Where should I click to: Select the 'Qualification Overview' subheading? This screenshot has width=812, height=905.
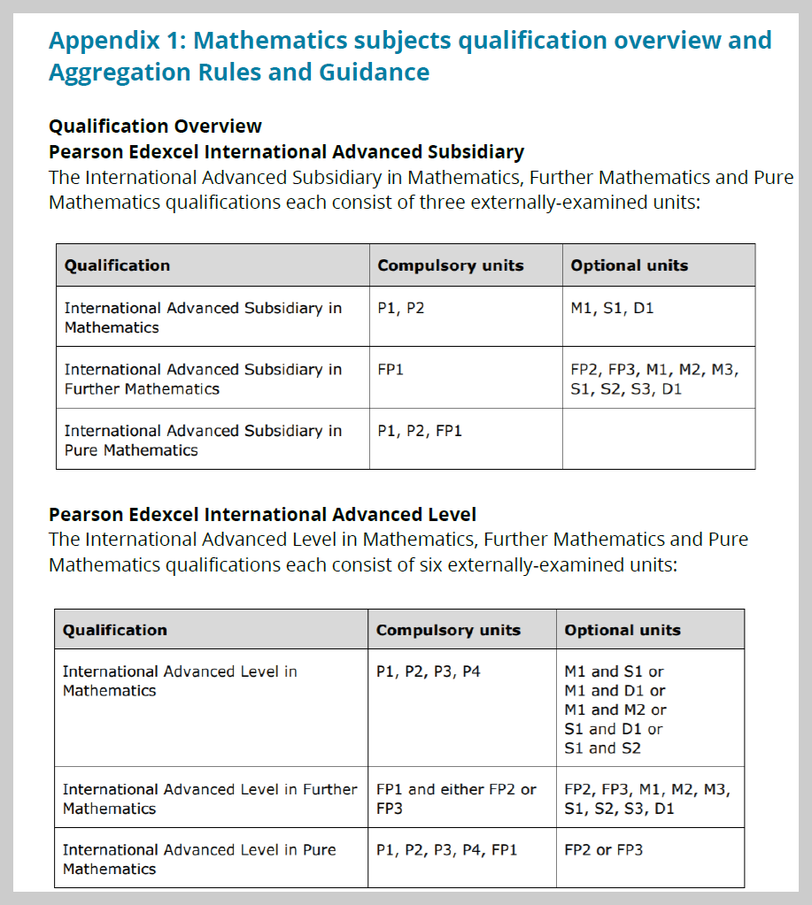[x=155, y=126]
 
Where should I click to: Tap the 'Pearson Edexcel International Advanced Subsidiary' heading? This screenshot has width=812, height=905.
[x=286, y=151]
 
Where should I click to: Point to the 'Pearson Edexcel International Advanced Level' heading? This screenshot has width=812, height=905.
[x=262, y=514]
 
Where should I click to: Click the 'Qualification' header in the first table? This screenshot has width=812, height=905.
[x=117, y=265]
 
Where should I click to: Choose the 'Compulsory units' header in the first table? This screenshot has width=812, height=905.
[x=450, y=265]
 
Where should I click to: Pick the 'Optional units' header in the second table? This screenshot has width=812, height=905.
[x=623, y=630]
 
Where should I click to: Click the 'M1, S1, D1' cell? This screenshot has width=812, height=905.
[x=612, y=309]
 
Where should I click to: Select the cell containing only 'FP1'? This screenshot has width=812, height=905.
[x=390, y=370]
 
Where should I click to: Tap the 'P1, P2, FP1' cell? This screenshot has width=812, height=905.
[x=420, y=431]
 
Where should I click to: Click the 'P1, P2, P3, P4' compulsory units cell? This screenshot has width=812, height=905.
[x=428, y=671]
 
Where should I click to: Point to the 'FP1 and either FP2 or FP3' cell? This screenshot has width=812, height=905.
[x=456, y=798]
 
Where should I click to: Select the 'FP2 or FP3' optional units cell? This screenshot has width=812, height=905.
[x=603, y=850]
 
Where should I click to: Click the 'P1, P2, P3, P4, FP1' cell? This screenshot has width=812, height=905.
[x=446, y=850]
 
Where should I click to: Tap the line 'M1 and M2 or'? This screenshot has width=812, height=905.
[x=615, y=709]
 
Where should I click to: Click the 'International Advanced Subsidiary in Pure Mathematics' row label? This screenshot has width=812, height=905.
[x=202, y=441]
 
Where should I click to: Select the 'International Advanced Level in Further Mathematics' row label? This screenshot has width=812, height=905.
[x=209, y=798]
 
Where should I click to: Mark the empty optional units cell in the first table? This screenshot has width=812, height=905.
[x=658, y=439]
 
